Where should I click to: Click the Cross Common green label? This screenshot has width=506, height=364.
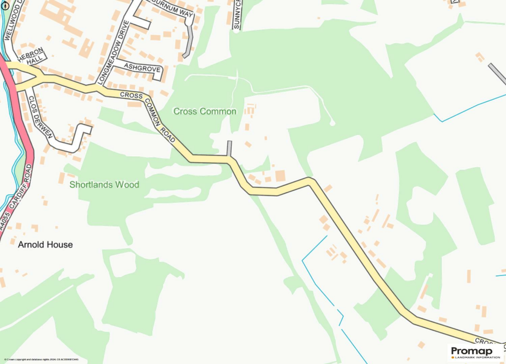coord(205,112)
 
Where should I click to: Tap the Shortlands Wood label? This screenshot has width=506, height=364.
coord(104,185)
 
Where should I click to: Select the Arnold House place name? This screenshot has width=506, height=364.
coord(45,244)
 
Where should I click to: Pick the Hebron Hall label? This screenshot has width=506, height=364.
coord(34,55)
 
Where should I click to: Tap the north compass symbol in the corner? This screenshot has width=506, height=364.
coord(5,5)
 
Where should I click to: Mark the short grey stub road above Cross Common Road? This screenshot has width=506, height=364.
coord(229,148)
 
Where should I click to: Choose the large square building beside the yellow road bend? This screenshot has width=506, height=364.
coord(281,176)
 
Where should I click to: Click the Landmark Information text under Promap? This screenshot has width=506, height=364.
coord(475,357)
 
